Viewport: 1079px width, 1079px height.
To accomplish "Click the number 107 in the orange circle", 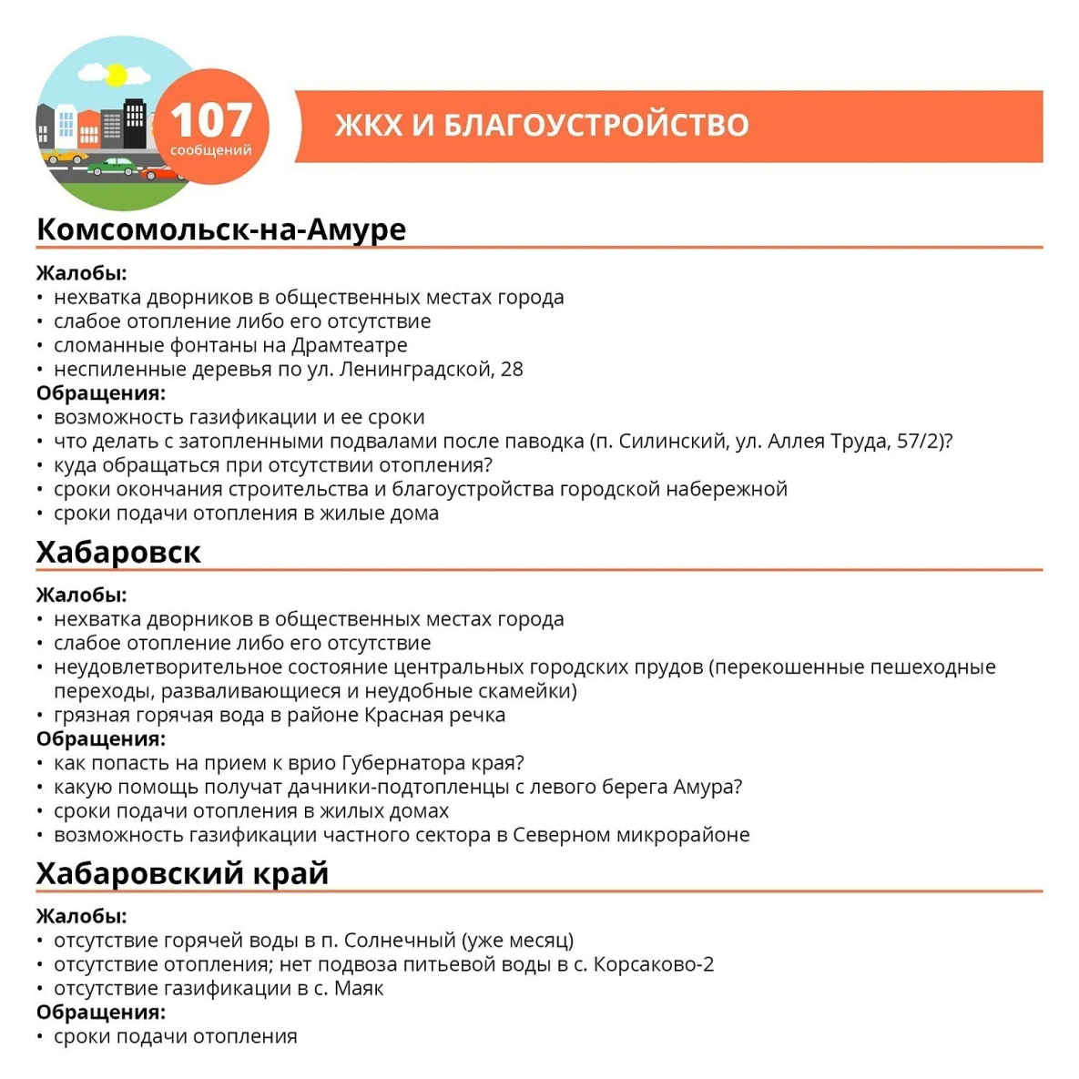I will pyautogui.click(x=210, y=119).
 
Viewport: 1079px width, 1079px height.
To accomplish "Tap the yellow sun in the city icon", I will pyautogui.click(x=116, y=76).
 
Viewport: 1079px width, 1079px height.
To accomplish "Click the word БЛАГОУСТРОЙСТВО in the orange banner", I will pyautogui.click(x=595, y=125).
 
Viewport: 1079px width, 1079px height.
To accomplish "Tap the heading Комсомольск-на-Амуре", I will pyautogui.click(x=220, y=229).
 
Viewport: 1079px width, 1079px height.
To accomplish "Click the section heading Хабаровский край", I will pyautogui.click(x=182, y=873).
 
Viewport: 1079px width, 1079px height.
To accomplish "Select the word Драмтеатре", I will pyautogui.click(x=350, y=345).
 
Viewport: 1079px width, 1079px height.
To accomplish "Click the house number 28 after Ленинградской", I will pyautogui.click(x=512, y=369).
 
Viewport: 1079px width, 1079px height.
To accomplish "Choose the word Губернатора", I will pyautogui.click(x=402, y=762).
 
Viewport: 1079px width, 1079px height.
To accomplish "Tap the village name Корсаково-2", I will pyautogui.click(x=654, y=963).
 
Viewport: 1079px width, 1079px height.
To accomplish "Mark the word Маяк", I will pyautogui.click(x=360, y=988).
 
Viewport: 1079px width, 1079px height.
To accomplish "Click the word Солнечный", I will pyautogui.click(x=400, y=940).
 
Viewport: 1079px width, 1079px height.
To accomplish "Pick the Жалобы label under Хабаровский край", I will pyautogui.click(x=81, y=916).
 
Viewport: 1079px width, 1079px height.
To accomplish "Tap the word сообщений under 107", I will pyautogui.click(x=210, y=150).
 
